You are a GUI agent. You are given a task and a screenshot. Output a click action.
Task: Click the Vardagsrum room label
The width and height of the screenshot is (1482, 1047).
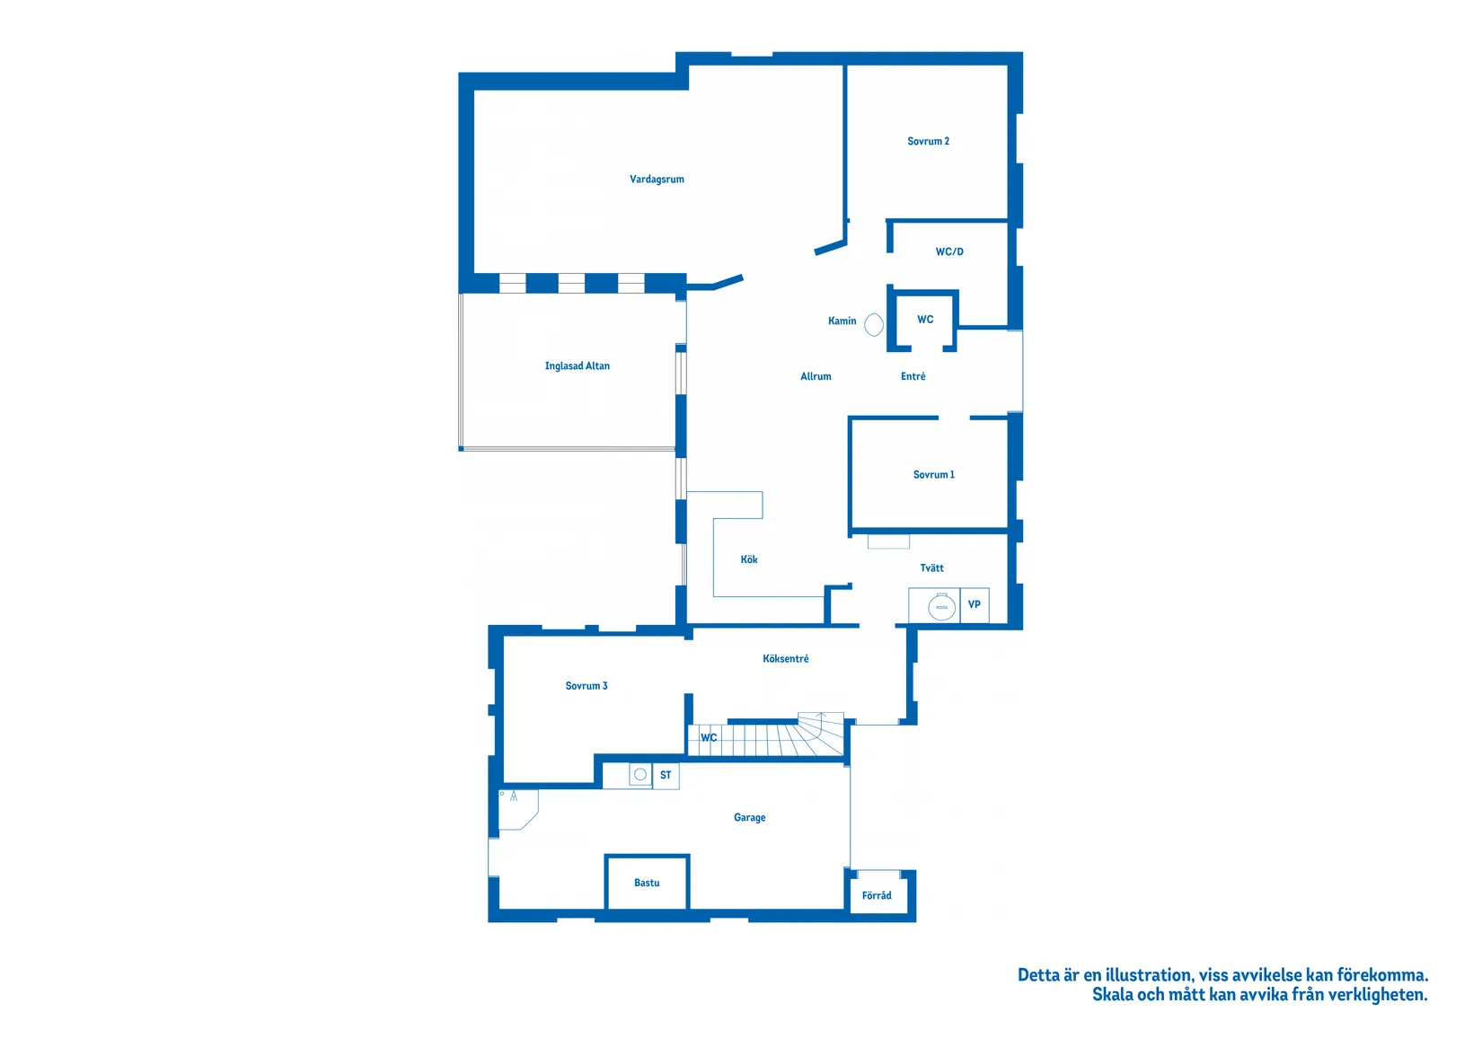(x=657, y=180)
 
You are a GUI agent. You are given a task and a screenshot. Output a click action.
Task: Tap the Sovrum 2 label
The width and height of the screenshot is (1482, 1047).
(x=928, y=141)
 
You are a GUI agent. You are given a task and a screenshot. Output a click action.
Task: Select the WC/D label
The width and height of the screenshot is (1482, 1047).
(x=949, y=251)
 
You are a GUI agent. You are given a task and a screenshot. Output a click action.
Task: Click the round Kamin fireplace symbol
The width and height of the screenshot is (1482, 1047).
(x=874, y=324)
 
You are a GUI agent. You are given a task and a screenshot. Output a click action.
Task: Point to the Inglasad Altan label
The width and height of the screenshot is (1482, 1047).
(x=577, y=365)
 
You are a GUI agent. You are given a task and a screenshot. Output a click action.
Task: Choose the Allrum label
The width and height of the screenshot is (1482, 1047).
(x=816, y=376)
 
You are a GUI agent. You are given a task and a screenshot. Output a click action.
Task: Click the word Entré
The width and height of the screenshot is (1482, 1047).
(x=913, y=376)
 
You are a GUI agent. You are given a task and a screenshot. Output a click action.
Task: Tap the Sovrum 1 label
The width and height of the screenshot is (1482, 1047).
(x=933, y=474)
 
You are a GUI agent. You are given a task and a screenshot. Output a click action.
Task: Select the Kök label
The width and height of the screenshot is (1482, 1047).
(x=749, y=559)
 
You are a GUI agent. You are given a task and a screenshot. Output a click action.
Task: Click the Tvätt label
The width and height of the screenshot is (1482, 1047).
(x=931, y=568)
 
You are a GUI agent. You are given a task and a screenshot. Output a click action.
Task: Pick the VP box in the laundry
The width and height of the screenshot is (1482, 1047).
(x=975, y=605)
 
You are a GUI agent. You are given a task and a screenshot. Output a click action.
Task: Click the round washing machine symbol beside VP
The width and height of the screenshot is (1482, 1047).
(x=941, y=606)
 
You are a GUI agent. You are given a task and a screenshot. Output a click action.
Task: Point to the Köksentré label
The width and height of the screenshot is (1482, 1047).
(x=785, y=659)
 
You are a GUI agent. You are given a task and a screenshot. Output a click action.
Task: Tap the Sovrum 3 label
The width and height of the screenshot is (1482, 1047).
(x=587, y=686)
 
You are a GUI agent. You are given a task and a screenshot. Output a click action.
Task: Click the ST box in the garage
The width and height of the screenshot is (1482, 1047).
(x=666, y=775)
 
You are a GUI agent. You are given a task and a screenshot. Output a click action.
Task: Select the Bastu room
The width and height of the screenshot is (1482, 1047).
(x=647, y=883)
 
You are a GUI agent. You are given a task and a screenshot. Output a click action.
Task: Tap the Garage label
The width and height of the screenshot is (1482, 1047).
(x=750, y=817)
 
